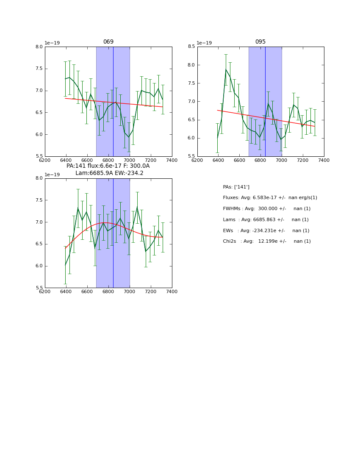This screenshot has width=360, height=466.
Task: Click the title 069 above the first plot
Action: (108, 42)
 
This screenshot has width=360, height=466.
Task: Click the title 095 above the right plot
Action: (260, 42)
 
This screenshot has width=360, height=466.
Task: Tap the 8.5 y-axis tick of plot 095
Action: (191, 47)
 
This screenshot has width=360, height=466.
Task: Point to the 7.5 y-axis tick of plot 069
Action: (39, 69)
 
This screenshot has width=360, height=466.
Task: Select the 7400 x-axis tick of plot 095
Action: (324, 160)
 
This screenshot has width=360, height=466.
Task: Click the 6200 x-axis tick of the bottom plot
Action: (45, 291)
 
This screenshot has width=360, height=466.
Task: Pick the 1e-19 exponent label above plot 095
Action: (204, 43)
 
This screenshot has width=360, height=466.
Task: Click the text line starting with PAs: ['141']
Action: (236, 187)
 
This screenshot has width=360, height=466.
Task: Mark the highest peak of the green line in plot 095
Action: (226, 69)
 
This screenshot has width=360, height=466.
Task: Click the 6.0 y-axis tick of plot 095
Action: (191, 138)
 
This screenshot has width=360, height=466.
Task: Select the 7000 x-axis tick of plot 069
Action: (130, 160)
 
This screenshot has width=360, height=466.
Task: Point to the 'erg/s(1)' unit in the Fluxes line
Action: (308, 198)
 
